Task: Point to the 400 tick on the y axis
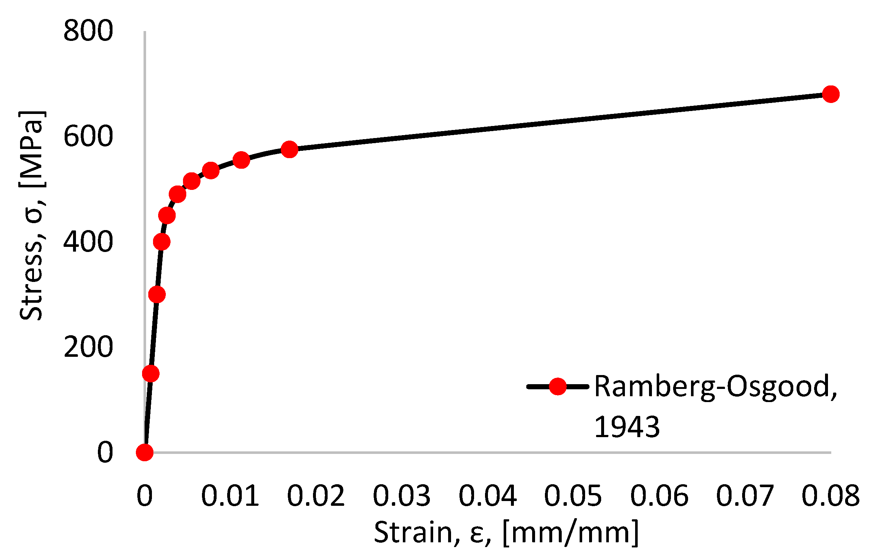88,242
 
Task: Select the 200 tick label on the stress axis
88,347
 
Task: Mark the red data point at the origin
145,452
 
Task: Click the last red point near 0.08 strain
831,94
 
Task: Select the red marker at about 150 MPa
150,373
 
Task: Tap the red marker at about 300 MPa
157,294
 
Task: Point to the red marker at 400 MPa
162,242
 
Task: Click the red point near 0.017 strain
290,149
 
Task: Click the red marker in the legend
558,386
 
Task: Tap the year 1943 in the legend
627,427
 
